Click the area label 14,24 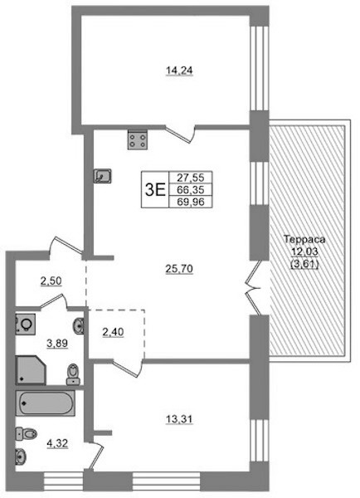(x=179, y=71)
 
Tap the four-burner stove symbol (x=138, y=139)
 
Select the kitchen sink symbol (x=102, y=176)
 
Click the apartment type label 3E (x=155, y=190)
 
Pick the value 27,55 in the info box (x=191, y=178)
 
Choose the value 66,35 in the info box (x=191, y=189)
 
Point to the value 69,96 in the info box (x=191, y=202)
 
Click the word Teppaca (x=304, y=239)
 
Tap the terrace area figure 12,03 (x=304, y=251)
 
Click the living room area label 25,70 (x=179, y=269)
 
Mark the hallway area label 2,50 (x=51, y=281)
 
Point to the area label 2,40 (x=113, y=332)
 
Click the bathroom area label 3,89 (x=57, y=344)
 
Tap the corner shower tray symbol (x=31, y=370)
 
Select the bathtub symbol (x=46, y=403)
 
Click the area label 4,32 (x=57, y=443)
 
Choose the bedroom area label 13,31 (x=179, y=419)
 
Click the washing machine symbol (x=26, y=325)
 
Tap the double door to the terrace (x=254, y=288)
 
